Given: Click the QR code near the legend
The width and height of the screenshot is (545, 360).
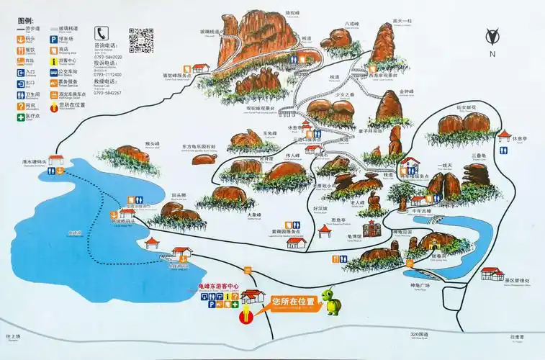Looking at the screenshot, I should coord(142,40).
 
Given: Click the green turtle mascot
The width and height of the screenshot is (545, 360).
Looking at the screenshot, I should coord(333,301).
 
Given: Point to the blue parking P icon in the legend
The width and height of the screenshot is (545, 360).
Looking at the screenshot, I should coord(55,51).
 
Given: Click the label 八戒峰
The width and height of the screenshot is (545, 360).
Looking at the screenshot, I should coord(351,24).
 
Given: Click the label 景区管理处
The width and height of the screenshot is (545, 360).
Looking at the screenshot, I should coord(517,281).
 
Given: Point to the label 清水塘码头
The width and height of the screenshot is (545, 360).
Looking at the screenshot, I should coord(33,163).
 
